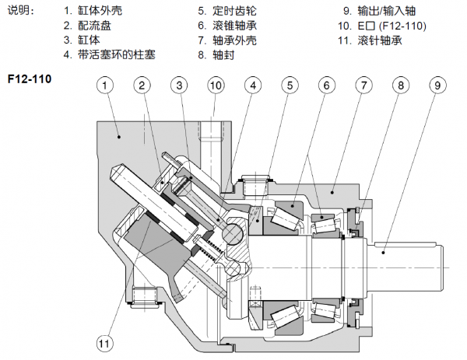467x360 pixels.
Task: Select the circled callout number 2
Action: [x=142, y=85]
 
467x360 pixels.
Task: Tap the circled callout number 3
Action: [x=178, y=85]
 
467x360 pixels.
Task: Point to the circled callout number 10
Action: [x=216, y=85]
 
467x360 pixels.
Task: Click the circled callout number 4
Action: [x=252, y=85]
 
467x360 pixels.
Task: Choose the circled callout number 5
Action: [x=289, y=85]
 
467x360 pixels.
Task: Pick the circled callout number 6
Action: [x=325, y=85]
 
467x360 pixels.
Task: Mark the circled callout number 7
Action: [x=363, y=85]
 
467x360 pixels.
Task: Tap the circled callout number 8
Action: [x=399, y=85]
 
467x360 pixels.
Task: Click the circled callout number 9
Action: [x=437, y=85]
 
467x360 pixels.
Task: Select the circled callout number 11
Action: [x=105, y=341]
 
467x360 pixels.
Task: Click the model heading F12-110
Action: [x=29, y=79]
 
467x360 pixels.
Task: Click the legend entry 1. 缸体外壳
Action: [x=93, y=12]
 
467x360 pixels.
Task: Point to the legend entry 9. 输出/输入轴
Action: [x=382, y=12]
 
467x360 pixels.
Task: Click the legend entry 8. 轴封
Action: [x=213, y=54]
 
